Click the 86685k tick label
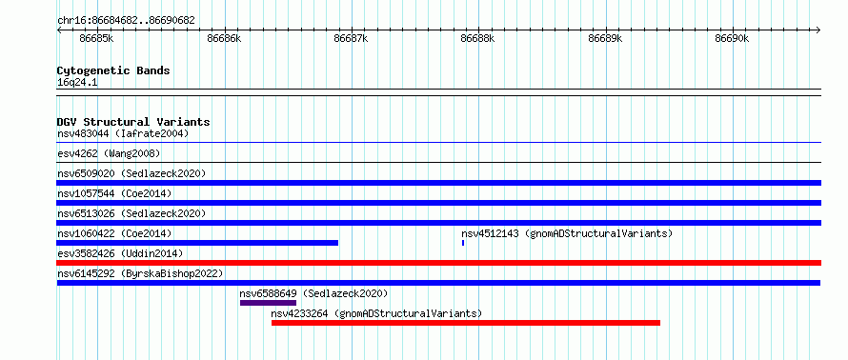(x=96, y=38)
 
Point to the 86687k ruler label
(x=351, y=38)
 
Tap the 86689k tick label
(x=605, y=38)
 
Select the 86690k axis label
(x=733, y=38)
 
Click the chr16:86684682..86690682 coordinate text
(x=126, y=21)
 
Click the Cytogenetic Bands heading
(x=113, y=70)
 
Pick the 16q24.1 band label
(x=77, y=83)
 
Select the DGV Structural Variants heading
(x=133, y=122)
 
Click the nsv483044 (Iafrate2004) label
(x=123, y=133)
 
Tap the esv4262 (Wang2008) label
(x=109, y=153)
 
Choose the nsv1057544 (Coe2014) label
(x=114, y=193)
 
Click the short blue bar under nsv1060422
(x=197, y=243)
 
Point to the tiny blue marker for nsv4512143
(x=463, y=243)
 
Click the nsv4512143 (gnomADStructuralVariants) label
(x=567, y=233)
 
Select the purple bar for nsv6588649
(x=269, y=303)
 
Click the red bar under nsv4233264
(x=466, y=323)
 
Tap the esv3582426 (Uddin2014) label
(x=120, y=253)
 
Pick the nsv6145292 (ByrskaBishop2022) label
(x=140, y=273)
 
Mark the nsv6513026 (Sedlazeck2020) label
(x=131, y=213)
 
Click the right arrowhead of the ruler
(x=818, y=30)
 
